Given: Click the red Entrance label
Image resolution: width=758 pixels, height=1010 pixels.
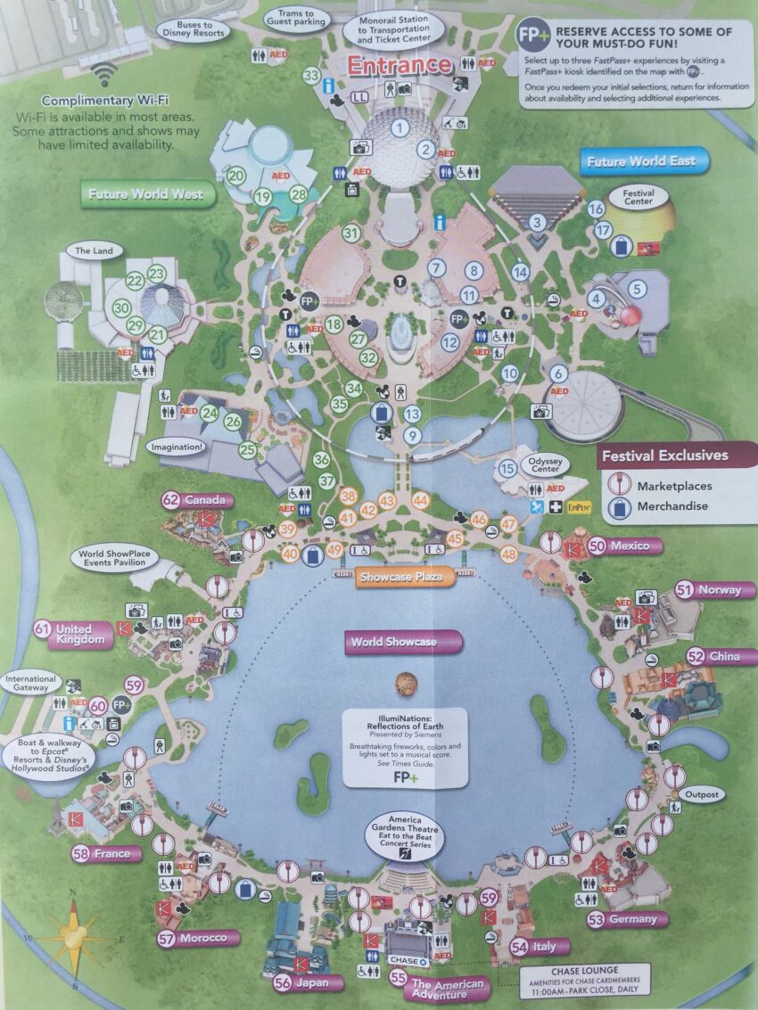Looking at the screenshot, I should point(400,65).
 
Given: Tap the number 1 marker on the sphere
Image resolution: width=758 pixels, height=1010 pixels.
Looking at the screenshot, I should point(400,127).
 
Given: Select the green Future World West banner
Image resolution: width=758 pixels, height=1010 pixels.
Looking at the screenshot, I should point(147,194).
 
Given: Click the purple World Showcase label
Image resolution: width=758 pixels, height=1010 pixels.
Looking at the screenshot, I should point(404,642).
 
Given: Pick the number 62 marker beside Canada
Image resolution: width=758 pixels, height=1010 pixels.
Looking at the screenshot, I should point(171,500).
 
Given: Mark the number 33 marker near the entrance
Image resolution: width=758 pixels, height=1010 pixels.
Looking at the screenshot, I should point(311,76).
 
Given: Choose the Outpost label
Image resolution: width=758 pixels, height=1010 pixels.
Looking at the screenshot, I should point(701,794).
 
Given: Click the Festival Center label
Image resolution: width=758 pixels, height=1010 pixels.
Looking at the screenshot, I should point(639,197).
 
